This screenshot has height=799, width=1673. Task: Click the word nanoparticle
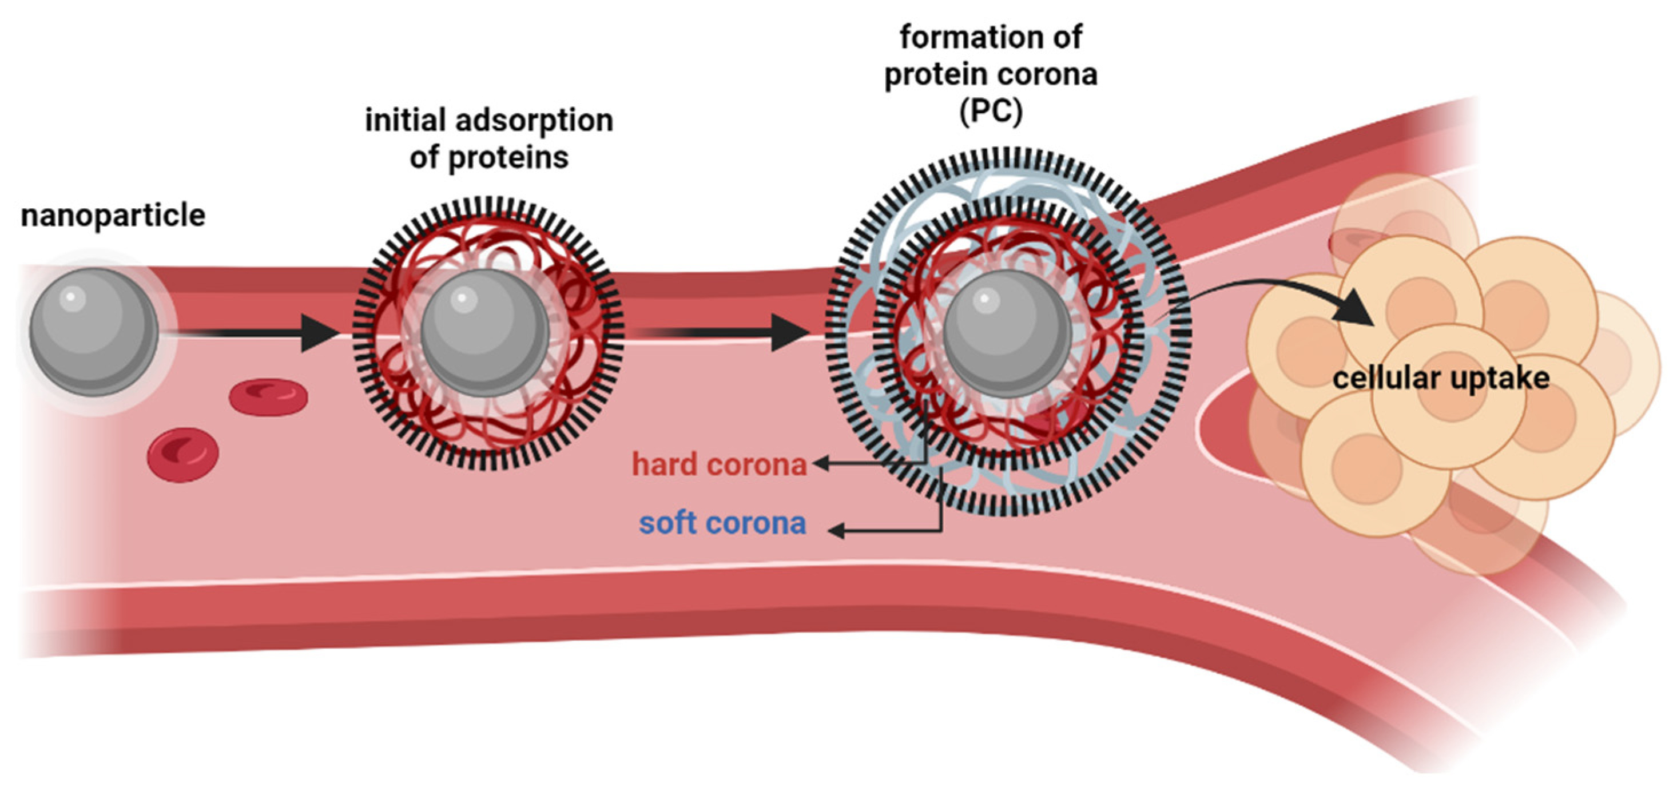113,216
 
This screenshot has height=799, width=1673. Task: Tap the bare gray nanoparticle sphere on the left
94,332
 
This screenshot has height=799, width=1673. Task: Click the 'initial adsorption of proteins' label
489,138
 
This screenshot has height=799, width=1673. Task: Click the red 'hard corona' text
720,465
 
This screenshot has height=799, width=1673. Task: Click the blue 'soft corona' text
722,523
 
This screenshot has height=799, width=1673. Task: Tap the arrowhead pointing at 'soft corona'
837,531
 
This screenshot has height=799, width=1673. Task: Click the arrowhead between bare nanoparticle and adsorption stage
320,333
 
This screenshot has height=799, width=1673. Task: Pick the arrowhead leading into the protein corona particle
789,333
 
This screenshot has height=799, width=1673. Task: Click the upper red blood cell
268,396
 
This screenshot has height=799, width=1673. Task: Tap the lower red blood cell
182,455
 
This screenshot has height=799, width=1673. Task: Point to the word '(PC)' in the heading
991,112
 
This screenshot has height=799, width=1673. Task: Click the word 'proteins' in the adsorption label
507,158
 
